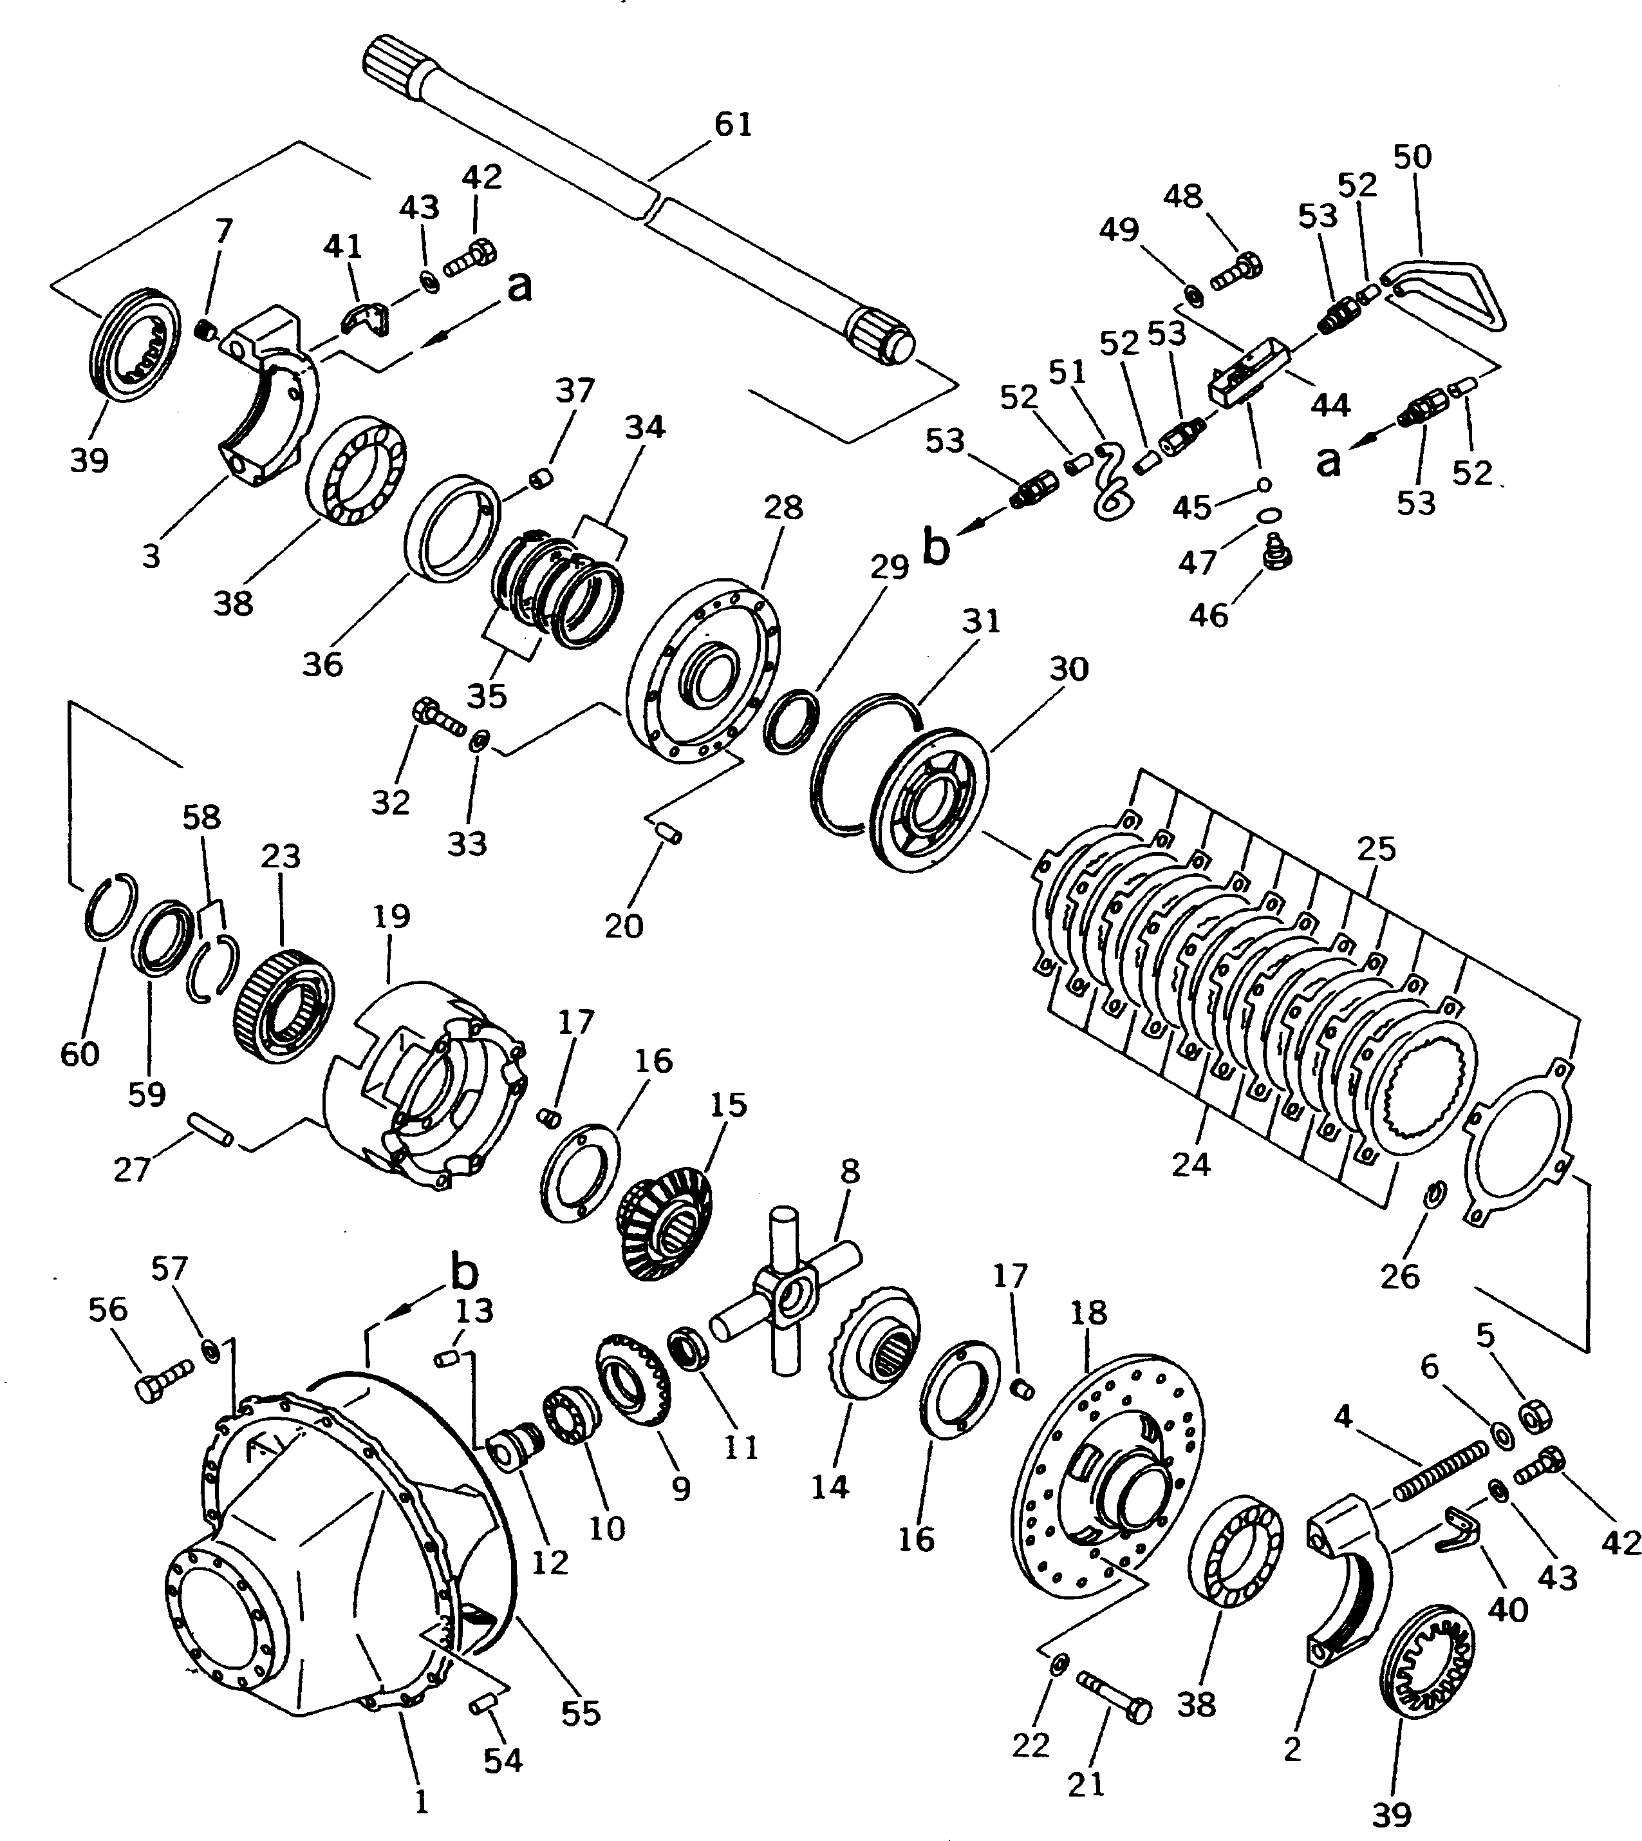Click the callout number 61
pyautogui.click(x=732, y=124)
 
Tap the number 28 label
pyautogui.click(x=782, y=508)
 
